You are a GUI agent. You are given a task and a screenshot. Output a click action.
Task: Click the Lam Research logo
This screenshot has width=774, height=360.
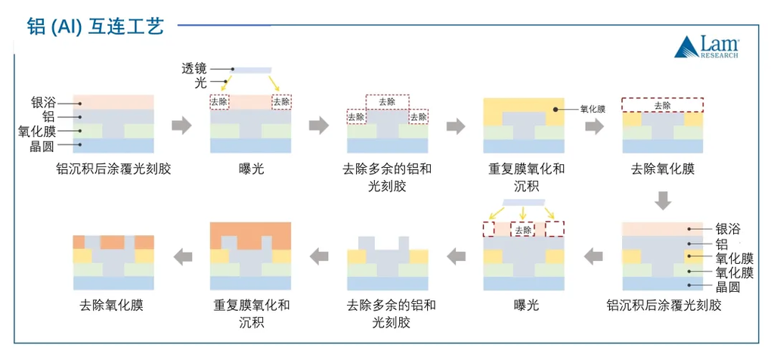click(x=707, y=47)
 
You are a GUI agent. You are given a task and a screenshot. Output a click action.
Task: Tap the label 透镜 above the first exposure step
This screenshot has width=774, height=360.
click(x=194, y=69)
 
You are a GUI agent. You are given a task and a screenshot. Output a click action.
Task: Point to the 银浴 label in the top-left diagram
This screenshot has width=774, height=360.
click(x=43, y=104)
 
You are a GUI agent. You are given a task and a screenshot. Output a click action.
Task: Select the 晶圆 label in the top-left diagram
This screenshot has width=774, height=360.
click(x=43, y=146)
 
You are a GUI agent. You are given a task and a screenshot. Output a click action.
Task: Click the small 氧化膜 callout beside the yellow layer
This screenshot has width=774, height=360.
click(x=593, y=110)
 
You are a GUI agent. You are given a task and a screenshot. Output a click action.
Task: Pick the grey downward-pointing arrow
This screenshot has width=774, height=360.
click(x=663, y=200)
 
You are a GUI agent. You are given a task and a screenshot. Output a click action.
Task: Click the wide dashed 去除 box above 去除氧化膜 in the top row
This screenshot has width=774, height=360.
click(x=662, y=105)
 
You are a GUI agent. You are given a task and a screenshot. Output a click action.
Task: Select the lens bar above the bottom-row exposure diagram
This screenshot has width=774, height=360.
click(x=524, y=203)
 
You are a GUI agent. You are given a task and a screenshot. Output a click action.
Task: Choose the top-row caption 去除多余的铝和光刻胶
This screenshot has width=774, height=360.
click(x=387, y=177)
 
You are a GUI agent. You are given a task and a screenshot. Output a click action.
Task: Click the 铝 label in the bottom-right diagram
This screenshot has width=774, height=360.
click(x=722, y=244)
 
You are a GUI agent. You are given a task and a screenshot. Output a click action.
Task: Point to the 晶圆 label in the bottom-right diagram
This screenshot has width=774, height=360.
click(x=728, y=287)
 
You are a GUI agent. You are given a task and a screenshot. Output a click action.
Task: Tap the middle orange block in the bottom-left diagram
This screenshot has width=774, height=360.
click(x=113, y=242)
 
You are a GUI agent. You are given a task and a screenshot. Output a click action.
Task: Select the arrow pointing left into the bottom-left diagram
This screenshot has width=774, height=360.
click(x=183, y=256)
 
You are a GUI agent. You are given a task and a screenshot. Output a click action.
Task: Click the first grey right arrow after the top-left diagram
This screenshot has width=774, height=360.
click(x=181, y=126)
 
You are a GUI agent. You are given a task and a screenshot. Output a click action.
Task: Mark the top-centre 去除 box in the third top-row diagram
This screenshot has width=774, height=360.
click(x=387, y=102)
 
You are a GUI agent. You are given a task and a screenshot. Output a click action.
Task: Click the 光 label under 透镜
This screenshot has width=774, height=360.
click(x=200, y=83)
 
